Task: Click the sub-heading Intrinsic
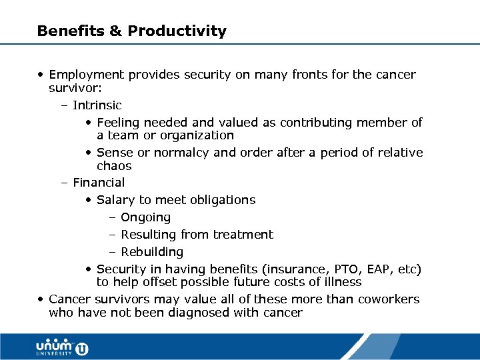coord(97,105)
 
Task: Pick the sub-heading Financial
coord(99,183)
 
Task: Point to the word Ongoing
coord(145,217)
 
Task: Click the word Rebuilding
coord(152,252)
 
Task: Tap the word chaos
coord(114,166)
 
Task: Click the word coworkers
coord(389,299)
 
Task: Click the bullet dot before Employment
coord(41,75)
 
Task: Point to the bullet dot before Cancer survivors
coord(41,299)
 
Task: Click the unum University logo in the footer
coord(62,347)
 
